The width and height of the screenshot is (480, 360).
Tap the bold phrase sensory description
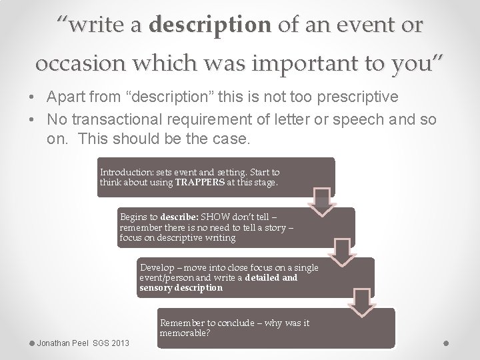[181, 288]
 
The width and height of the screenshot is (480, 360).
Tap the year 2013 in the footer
[120, 343]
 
